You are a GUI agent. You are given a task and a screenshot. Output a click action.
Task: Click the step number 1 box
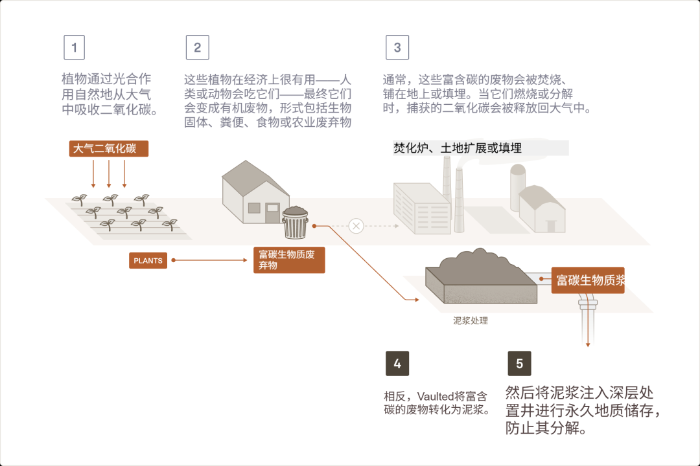click(x=74, y=47)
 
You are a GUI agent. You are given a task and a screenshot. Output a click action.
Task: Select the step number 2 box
click(x=197, y=47)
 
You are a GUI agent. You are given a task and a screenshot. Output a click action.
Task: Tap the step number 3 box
click(x=397, y=47)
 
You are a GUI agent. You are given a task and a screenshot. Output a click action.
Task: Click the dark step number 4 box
click(x=397, y=364)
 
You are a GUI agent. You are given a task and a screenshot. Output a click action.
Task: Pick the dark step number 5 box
click(x=519, y=364)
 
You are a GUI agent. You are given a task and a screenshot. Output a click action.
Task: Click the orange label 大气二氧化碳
click(x=109, y=148)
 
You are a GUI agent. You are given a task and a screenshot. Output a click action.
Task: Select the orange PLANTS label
click(x=148, y=261)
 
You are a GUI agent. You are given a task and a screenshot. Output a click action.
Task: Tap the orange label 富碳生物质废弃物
click(x=288, y=260)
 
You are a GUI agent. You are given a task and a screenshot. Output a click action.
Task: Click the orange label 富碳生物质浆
click(x=588, y=280)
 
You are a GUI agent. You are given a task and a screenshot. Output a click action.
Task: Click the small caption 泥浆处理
click(x=471, y=320)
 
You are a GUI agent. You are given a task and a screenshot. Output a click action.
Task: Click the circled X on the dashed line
click(x=356, y=226)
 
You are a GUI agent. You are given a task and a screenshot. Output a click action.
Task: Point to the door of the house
click(x=272, y=213)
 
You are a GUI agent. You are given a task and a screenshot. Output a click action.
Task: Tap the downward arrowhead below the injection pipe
click(x=588, y=344)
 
